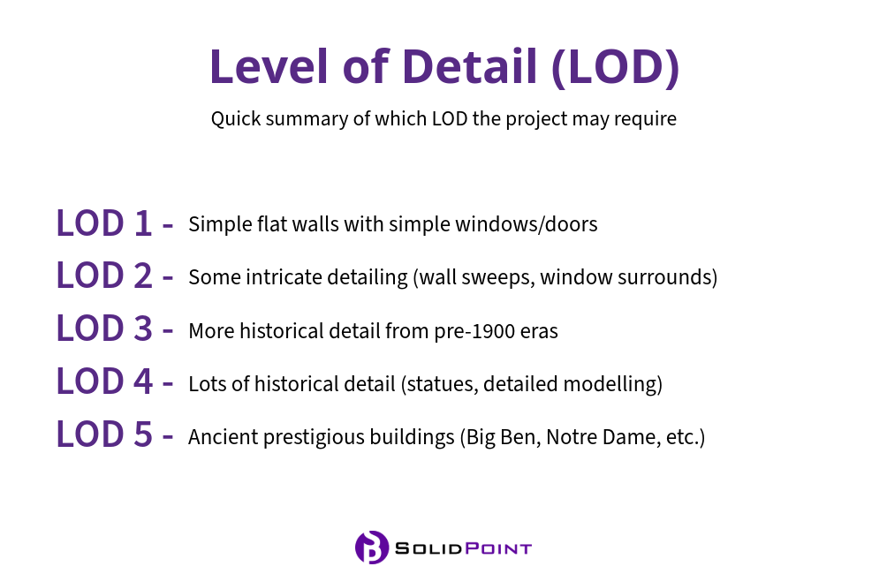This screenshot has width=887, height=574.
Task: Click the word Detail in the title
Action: point(469,67)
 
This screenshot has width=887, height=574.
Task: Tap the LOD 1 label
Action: point(104,223)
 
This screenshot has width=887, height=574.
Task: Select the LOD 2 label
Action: point(104,276)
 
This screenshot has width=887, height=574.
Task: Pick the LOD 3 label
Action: point(104,328)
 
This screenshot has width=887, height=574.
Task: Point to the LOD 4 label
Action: point(104,381)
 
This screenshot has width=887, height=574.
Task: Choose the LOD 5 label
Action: point(104,434)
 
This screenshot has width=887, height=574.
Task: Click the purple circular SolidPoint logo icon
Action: point(372,547)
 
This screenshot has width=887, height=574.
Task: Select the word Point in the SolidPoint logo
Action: point(498,548)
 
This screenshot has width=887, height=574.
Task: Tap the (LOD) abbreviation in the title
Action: point(615,67)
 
